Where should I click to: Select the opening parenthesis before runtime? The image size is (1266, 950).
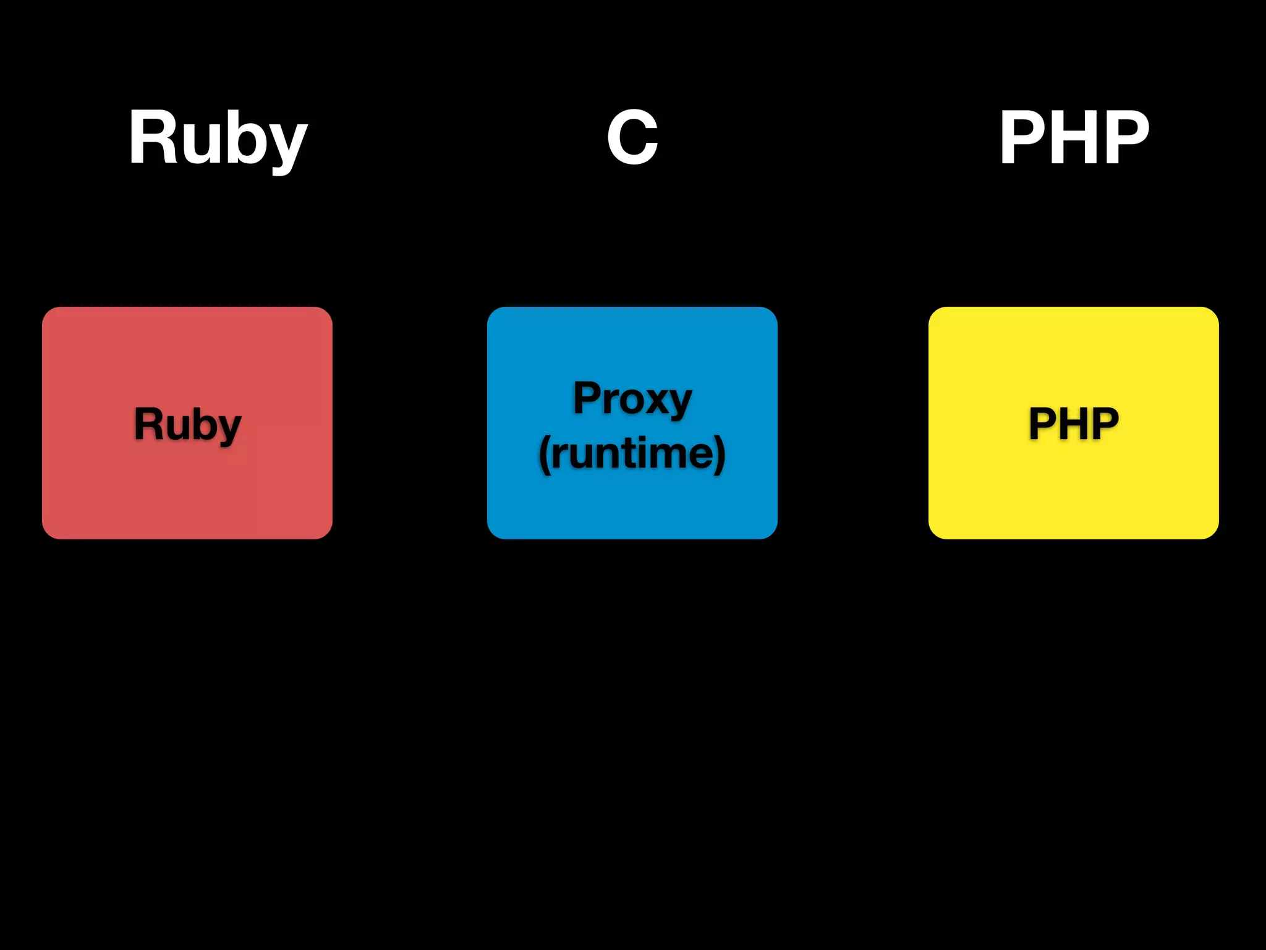[544, 455]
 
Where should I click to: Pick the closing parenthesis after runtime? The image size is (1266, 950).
[720, 455]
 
